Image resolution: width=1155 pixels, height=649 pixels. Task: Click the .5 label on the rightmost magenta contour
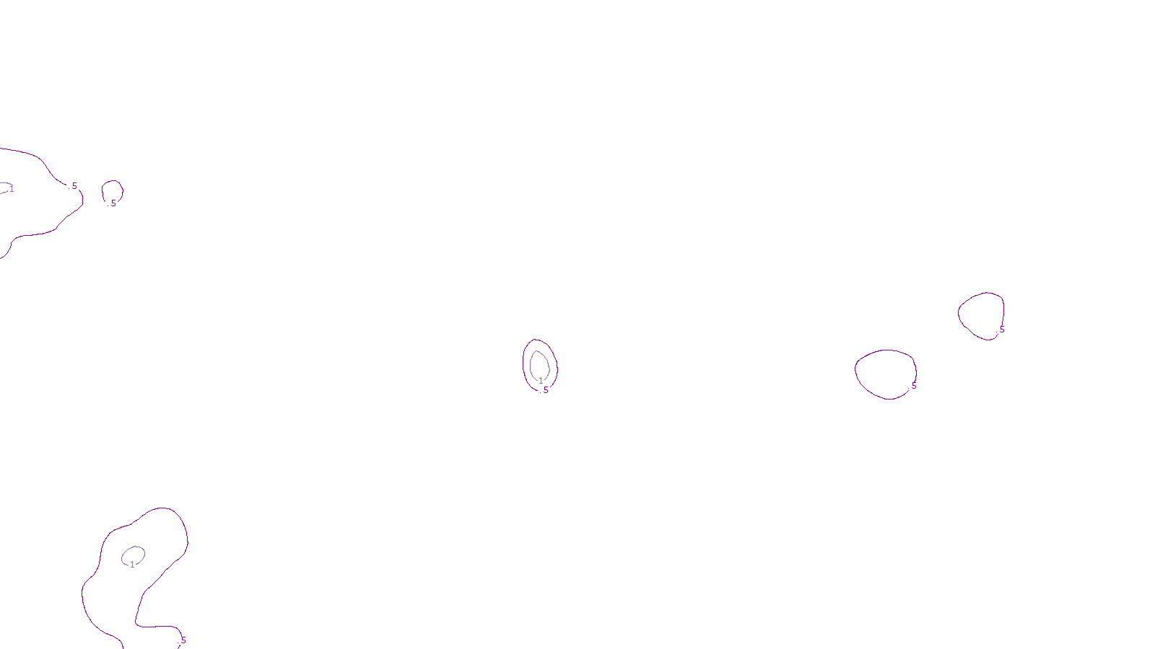1001,330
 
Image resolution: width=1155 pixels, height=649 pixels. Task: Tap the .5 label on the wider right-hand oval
913,386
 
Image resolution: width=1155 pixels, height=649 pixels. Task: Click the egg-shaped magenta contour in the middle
524,361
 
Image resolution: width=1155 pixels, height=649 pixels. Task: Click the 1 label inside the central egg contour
541,381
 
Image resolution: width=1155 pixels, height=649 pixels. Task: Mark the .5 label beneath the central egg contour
545,390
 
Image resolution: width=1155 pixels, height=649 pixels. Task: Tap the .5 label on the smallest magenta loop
113,203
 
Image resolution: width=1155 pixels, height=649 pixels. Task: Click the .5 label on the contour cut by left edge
74,186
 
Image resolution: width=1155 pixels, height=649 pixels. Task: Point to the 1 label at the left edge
12,189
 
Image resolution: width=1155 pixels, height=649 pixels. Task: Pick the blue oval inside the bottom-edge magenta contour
123,555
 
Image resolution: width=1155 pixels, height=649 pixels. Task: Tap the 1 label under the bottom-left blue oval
132,565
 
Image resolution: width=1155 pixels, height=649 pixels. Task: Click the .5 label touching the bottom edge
183,640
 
